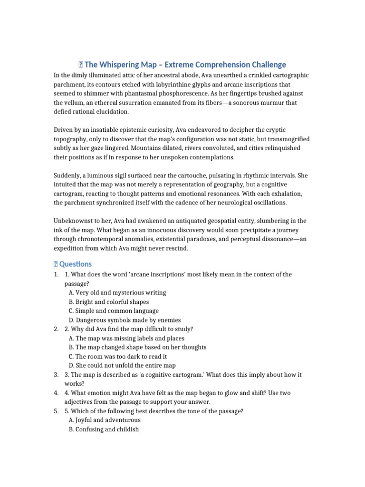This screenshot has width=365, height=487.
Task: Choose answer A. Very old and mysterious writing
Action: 117,293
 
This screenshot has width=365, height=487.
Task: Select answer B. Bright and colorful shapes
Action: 109,302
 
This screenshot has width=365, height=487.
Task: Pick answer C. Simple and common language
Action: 114,311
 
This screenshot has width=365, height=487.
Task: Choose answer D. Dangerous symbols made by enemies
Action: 125,320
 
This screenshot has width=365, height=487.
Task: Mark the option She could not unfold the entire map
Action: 122,366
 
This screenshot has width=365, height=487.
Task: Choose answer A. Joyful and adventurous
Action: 105,420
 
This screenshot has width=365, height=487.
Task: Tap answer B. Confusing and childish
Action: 104,429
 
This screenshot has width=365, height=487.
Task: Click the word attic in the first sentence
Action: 125,76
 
